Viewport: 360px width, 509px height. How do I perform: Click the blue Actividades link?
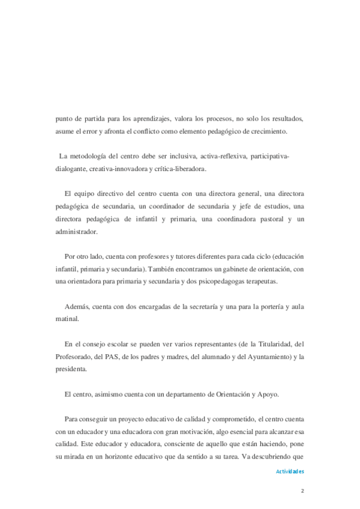coord(290,472)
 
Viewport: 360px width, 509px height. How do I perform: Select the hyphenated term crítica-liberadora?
coord(180,169)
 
